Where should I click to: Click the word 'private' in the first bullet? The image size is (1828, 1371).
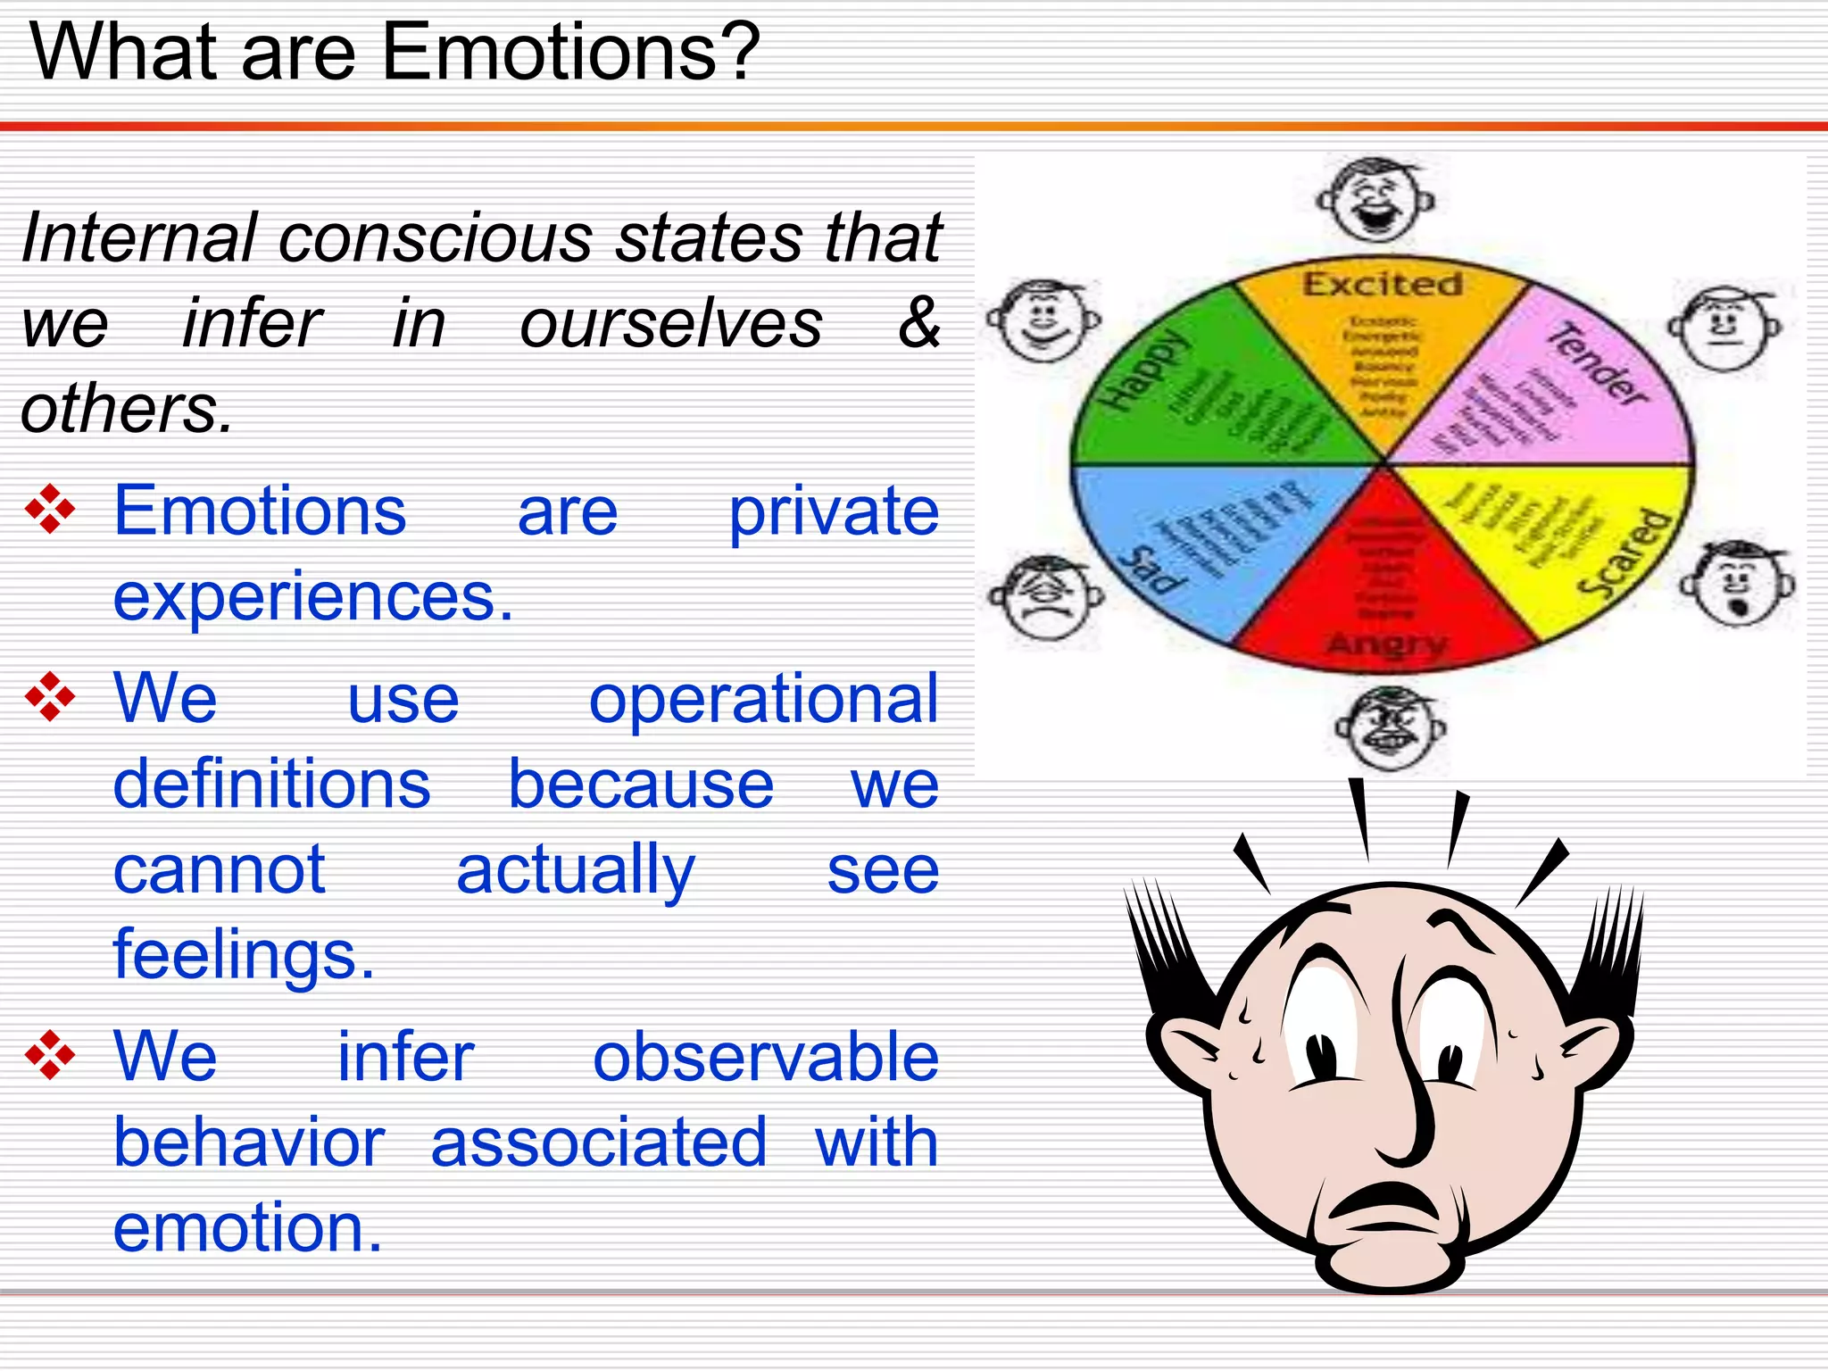pyautogui.click(x=834, y=512)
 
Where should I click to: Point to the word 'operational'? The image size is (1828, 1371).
pyautogui.click(x=763, y=699)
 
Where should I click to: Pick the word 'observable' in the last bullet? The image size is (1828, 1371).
pyautogui.click(x=765, y=1057)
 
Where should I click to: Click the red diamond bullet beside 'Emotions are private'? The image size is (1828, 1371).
pyautogui.click(x=50, y=510)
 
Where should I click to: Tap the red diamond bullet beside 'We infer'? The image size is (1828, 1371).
pyautogui.click(x=50, y=1055)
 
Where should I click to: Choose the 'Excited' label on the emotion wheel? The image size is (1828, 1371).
pyautogui.click(x=1382, y=284)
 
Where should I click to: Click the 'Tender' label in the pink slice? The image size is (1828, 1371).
pyautogui.click(x=1598, y=364)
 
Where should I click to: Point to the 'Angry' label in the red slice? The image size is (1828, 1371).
pyautogui.click(x=1385, y=644)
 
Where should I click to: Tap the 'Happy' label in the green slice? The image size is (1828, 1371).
pyautogui.click(x=1144, y=370)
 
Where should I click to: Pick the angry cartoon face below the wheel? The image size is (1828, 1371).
pyautogui.click(x=1390, y=728)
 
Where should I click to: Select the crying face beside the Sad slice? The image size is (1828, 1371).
pyautogui.click(x=1046, y=596)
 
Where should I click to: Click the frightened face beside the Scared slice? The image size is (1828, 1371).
pyautogui.click(x=1737, y=585)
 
